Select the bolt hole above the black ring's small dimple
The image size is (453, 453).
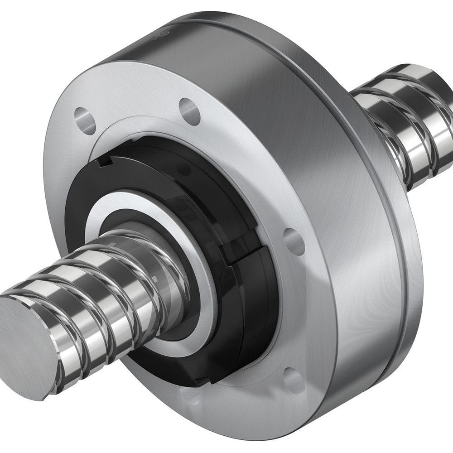point(190,110)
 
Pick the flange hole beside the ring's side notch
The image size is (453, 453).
point(294,241)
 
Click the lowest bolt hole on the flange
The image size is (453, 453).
point(293,381)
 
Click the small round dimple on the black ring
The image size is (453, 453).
point(183,170)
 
